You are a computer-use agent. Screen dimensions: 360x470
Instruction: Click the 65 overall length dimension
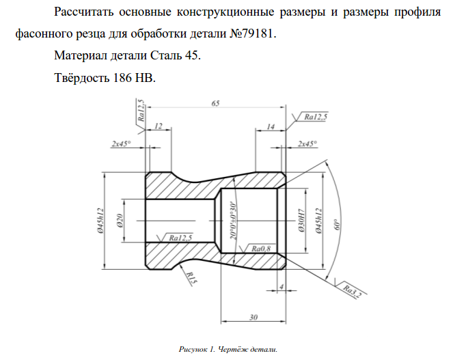[216, 103]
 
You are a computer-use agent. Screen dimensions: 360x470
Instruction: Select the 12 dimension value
[158, 126]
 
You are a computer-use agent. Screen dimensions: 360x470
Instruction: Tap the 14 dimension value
[271, 126]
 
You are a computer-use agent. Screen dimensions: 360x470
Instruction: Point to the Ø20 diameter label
[119, 220]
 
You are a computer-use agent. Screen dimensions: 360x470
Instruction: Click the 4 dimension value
[281, 286]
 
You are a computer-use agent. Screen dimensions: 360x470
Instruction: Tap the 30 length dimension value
[253, 316]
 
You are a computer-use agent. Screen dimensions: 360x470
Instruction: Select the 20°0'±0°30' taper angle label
[233, 219]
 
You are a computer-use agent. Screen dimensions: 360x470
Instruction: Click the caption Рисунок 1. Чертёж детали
[228, 349]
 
